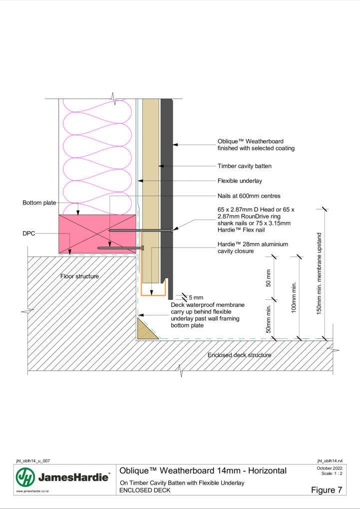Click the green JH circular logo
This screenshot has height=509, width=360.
tap(25, 477)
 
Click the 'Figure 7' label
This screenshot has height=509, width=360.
tap(327, 490)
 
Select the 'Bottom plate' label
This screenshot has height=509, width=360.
tap(39, 203)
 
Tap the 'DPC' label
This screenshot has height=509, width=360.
tap(28, 234)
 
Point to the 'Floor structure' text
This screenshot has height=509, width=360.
tap(79, 276)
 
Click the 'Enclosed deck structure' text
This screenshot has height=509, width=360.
tap(240, 355)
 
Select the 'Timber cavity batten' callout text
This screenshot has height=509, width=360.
tap(244, 166)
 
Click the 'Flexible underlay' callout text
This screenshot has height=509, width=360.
tap(240, 181)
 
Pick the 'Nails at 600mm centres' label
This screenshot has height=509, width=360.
tap(249, 196)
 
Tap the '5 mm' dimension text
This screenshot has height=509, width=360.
tap(196, 297)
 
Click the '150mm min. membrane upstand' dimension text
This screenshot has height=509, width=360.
tap(319, 274)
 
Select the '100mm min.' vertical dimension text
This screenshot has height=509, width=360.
tap(294, 297)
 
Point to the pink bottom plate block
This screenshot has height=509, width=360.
tap(97, 234)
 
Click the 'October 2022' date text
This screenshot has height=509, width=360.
tap(330, 468)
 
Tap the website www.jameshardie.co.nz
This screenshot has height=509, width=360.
tap(32, 492)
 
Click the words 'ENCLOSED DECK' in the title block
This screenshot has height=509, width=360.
tap(145, 490)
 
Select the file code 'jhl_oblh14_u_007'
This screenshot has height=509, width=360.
tap(33, 461)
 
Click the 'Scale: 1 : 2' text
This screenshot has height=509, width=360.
tap(332, 474)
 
